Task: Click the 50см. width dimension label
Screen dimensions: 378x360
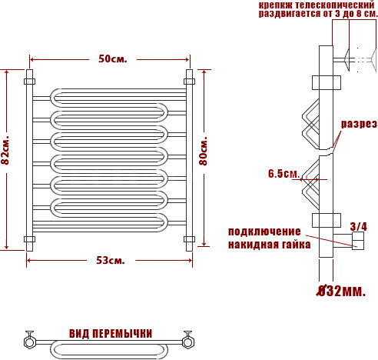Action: [113, 59]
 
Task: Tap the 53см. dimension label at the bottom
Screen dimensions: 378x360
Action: [111, 261]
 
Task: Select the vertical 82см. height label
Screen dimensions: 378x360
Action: [5, 150]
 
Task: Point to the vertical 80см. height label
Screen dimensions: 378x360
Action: [203, 152]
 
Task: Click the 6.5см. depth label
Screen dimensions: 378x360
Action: [283, 174]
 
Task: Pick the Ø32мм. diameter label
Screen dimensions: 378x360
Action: [341, 291]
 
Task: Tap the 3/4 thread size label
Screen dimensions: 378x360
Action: [358, 227]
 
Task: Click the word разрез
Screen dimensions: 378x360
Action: [359, 124]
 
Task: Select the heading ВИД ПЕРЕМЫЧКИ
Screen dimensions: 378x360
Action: [111, 334]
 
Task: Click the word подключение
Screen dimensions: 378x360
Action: [264, 232]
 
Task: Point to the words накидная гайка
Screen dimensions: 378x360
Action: [270, 245]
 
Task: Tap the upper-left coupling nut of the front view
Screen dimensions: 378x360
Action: [29, 82]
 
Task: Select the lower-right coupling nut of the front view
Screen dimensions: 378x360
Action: [189, 239]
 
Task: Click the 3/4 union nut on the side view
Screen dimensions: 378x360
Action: [358, 241]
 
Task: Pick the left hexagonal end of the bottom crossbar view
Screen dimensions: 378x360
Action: [30, 342]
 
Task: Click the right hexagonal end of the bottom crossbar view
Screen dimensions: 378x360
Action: [188, 342]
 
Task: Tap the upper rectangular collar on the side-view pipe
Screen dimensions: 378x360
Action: [327, 82]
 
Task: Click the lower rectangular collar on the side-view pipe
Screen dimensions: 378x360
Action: [327, 220]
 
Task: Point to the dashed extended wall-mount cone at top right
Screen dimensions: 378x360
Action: [373, 60]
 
